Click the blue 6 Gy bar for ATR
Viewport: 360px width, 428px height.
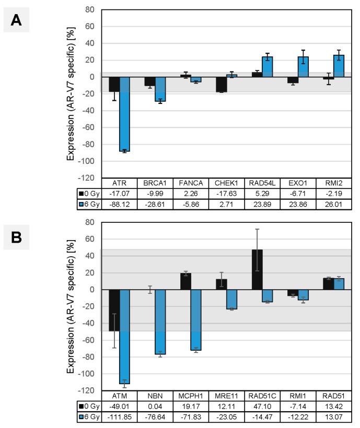point(125,114)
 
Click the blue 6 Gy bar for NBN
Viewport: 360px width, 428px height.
point(160,322)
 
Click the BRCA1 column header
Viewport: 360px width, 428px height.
point(155,183)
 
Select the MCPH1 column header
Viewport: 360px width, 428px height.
point(191,397)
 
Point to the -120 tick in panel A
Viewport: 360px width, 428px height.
point(87,179)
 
